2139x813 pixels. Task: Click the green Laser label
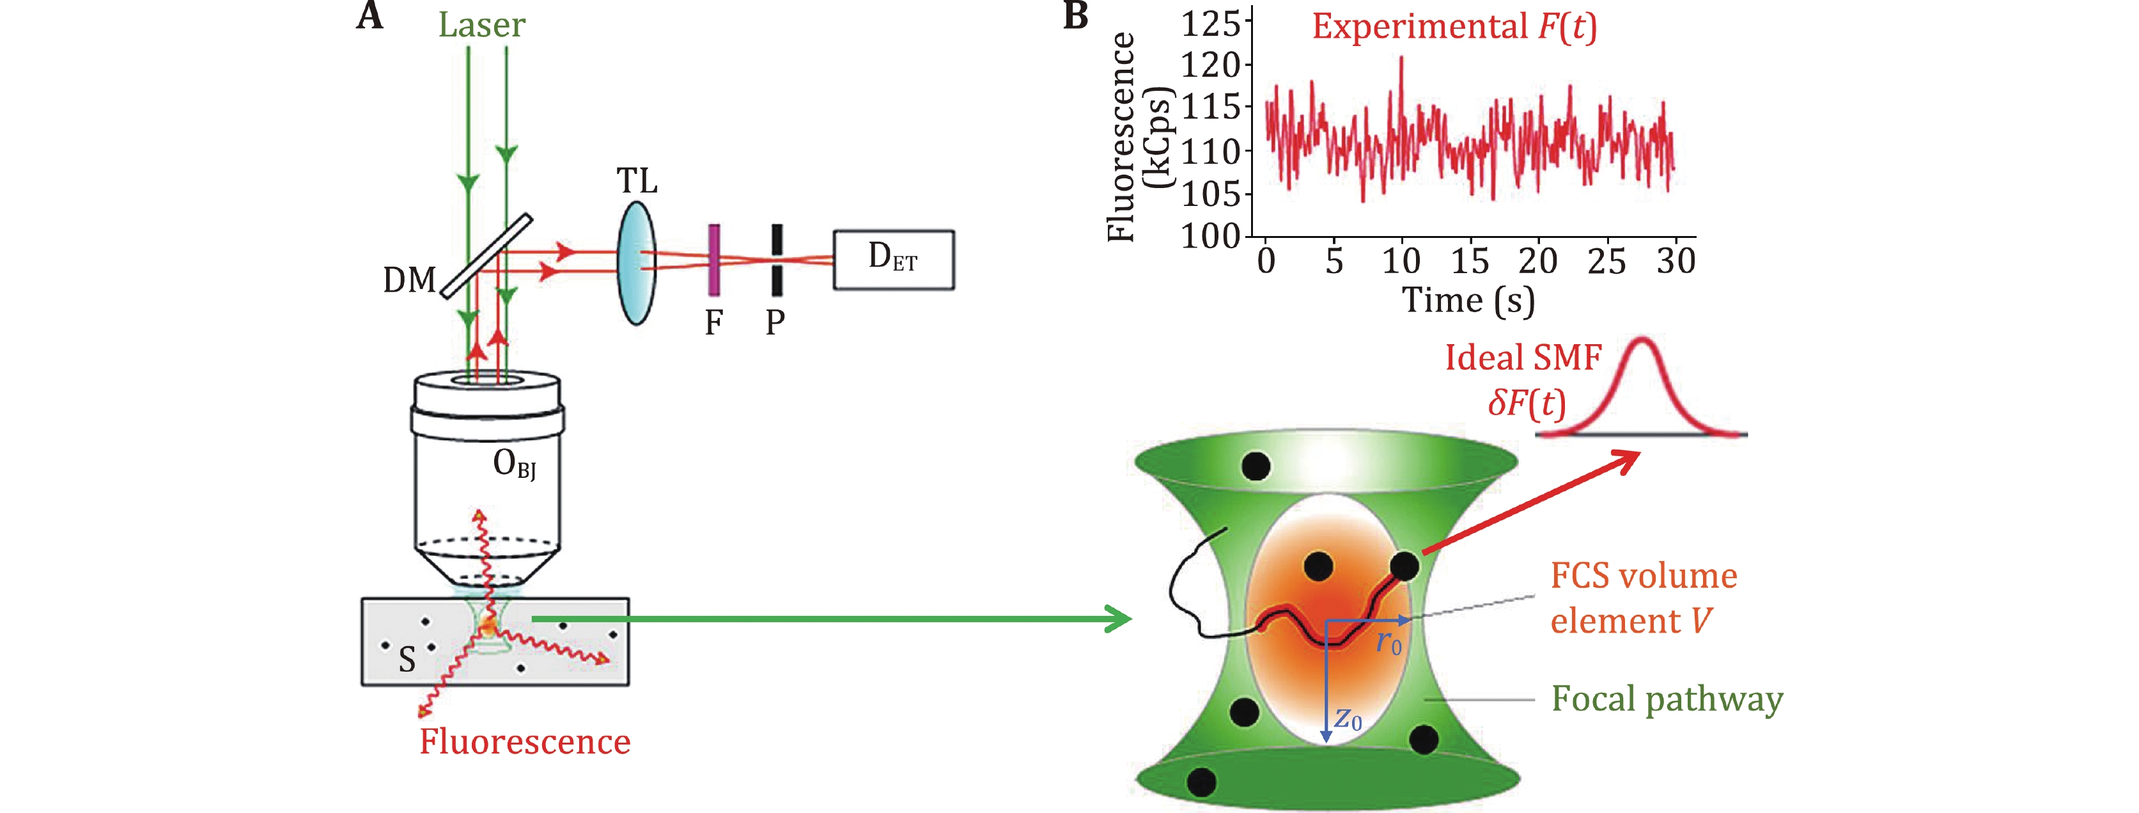pos(481,25)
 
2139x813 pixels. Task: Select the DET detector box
pos(894,260)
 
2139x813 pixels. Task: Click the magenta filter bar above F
pos(713,260)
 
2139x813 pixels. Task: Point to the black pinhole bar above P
pos(776,260)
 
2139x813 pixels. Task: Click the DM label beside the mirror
pos(409,281)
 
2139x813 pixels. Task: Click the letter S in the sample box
pos(407,660)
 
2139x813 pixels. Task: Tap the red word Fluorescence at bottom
pos(525,741)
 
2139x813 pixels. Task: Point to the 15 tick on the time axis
pos(1470,261)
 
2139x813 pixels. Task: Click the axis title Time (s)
pos(1468,301)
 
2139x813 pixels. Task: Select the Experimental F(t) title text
pos(1454,27)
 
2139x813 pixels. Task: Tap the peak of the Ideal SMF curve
pos(1644,340)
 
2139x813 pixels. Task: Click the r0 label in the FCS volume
pos(1389,642)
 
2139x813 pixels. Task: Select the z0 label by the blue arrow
pos(1348,718)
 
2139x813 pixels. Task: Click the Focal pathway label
pos(1667,699)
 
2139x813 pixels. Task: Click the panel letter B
pos(1075,16)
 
